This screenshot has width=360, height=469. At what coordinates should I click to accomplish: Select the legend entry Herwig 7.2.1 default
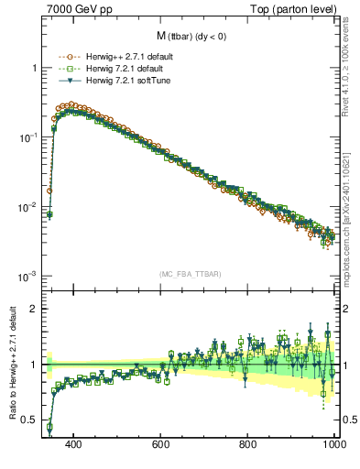point(127,69)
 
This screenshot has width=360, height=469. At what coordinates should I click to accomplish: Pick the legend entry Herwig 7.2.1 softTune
point(129,81)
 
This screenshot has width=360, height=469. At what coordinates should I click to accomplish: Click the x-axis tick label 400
point(73,443)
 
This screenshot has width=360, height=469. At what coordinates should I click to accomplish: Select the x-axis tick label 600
point(160,443)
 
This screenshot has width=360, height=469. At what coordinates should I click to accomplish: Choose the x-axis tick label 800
point(247,443)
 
